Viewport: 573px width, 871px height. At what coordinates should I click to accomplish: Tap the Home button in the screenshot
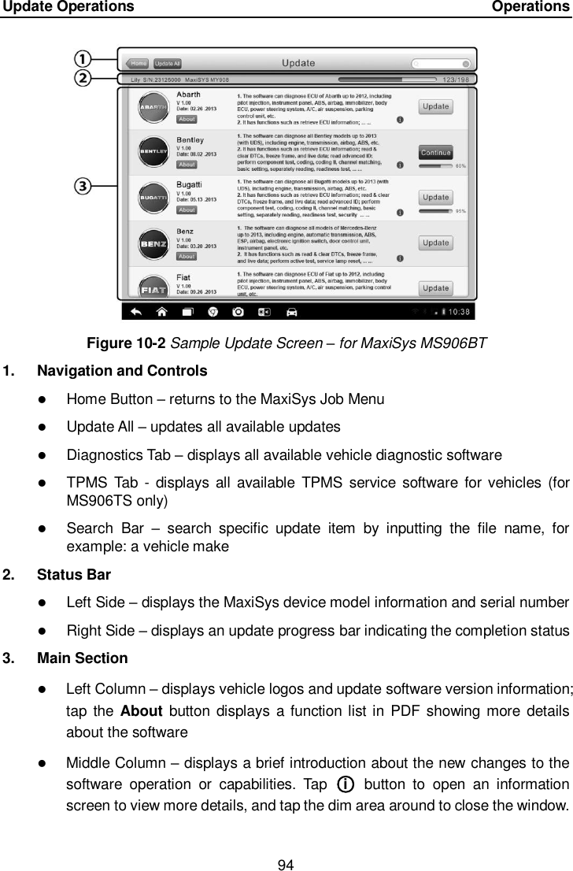coord(139,63)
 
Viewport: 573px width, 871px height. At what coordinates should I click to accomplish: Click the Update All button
coord(168,63)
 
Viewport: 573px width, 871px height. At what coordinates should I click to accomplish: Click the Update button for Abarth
coord(435,106)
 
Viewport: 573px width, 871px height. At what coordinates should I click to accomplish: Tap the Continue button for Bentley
coord(435,152)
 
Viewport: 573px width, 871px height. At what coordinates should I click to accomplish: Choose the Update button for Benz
coord(435,243)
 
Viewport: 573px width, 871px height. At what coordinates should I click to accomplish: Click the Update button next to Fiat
coord(435,288)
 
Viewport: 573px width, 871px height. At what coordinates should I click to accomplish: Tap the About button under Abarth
coord(187,120)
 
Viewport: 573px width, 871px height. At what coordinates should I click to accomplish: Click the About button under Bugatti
coord(187,210)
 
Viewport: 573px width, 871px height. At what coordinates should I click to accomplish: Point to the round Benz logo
coord(151,243)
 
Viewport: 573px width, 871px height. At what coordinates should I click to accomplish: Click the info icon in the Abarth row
coord(401,120)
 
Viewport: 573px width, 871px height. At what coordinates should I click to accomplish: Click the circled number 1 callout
coord(83,59)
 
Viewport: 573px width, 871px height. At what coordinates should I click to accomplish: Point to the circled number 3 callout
coord(83,187)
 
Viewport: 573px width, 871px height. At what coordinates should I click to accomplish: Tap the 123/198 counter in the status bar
coord(457,80)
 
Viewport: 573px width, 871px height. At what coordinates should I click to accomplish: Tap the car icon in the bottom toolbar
coord(291,311)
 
